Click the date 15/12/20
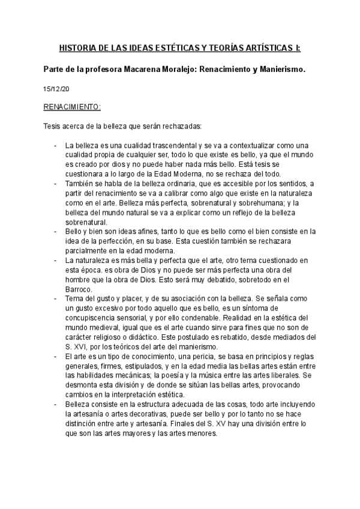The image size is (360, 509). coord(56,89)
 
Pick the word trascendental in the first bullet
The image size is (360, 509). coord(177,146)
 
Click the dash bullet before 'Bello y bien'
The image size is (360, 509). coord(55,231)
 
